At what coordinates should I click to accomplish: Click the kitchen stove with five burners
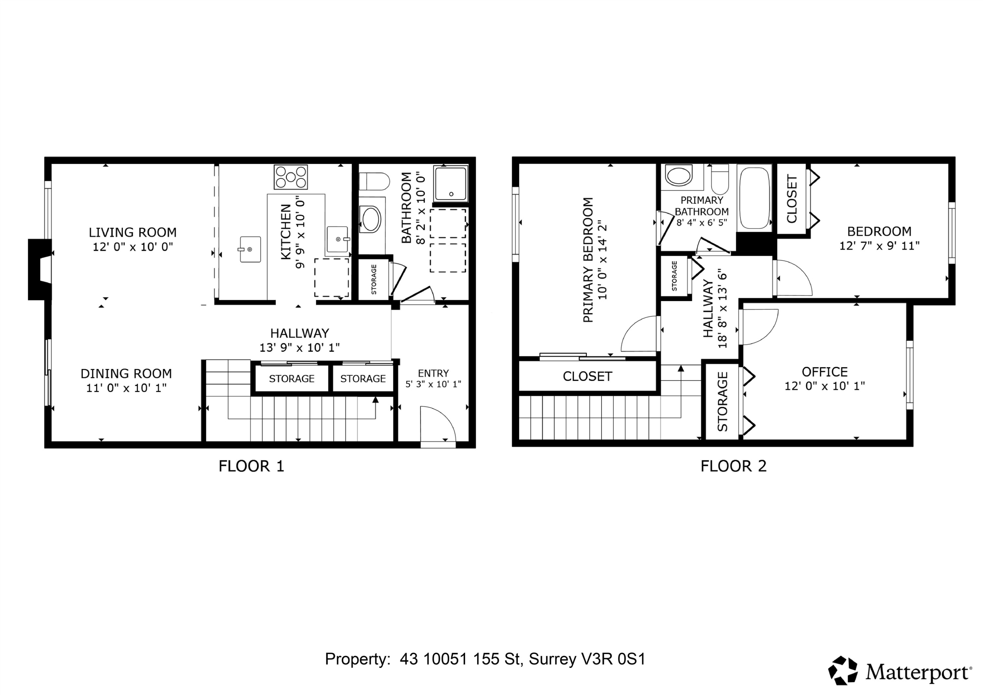pos(291,177)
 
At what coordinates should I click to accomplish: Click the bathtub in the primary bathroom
pos(754,198)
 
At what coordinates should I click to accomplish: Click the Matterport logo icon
pos(842,670)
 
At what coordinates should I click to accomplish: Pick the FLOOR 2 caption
pos(733,466)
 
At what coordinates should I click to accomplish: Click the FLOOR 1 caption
pos(251,466)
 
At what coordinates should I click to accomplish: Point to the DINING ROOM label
pos(126,374)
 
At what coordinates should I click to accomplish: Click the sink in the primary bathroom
pos(679,176)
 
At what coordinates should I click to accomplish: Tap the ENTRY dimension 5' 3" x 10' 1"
pos(433,384)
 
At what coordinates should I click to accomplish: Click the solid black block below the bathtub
pos(756,244)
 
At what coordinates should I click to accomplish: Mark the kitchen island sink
pos(250,249)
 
